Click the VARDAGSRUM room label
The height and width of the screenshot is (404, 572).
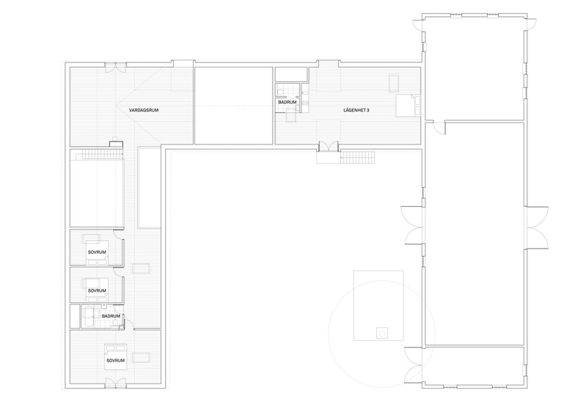pos(143,110)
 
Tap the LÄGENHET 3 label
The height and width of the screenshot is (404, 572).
pos(356,110)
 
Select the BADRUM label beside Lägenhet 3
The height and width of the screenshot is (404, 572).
pos(287,103)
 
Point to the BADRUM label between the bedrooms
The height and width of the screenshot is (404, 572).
pos(111,316)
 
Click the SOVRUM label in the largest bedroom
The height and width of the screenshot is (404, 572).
pos(116,361)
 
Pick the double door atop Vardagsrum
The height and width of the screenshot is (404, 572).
pos(115,67)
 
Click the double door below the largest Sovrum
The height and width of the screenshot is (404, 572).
pos(115,383)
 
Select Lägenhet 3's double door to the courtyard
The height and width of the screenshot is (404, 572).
pos(329,147)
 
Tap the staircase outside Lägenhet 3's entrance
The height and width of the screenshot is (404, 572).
pos(358,158)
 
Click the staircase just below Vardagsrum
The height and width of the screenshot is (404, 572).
pos(102,155)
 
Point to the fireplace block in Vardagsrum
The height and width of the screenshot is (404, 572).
pos(115,143)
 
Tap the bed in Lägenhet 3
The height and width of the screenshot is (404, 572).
pos(408,105)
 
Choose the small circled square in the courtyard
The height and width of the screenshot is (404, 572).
pos(382,334)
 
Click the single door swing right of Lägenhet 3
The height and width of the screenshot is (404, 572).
pos(439,128)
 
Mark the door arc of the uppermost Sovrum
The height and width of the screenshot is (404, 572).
pos(117,235)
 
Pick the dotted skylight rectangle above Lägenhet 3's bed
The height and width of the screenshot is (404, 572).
pos(394,84)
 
